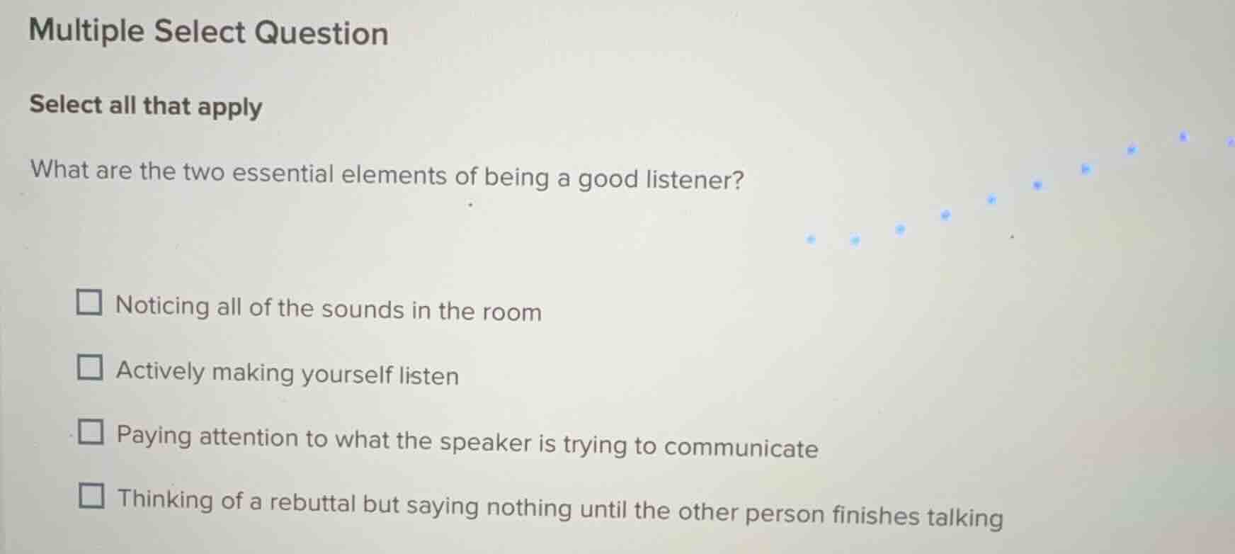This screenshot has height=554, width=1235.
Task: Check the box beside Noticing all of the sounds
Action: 89,303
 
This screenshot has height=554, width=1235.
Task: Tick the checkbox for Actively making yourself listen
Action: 90,368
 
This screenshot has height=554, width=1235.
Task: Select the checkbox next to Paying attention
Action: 91,431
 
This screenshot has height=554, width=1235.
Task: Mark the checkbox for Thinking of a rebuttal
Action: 91,496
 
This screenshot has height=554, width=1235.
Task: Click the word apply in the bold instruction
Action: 230,107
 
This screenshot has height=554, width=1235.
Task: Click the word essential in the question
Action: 283,174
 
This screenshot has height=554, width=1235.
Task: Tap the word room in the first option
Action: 512,312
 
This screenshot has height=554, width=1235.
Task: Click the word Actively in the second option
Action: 160,371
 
